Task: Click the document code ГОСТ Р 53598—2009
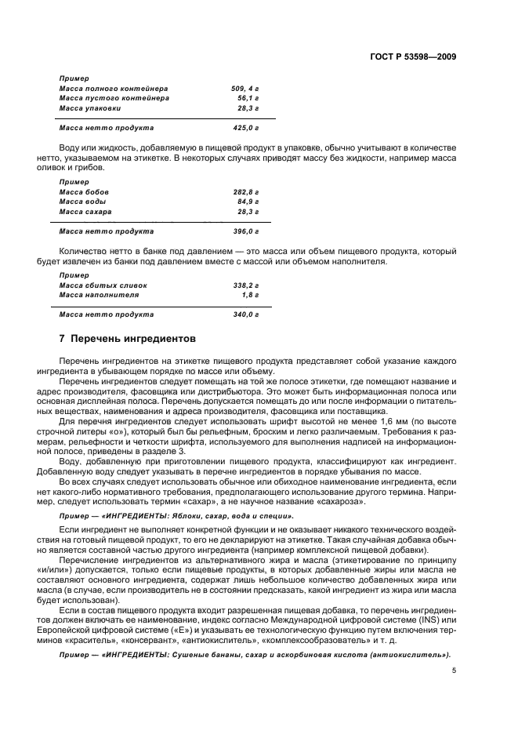pyautogui.click(x=414, y=57)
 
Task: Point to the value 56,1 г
pyautogui.click(x=248, y=99)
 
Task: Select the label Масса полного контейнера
pyautogui.click(x=114, y=89)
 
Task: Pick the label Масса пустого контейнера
pyautogui.click(x=114, y=99)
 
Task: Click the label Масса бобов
pyautogui.click(x=84, y=192)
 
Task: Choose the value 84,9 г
pyautogui.click(x=248, y=202)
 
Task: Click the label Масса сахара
pyautogui.click(x=85, y=213)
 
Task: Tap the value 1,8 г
pyautogui.click(x=251, y=296)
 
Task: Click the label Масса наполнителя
pyautogui.click(x=99, y=296)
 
